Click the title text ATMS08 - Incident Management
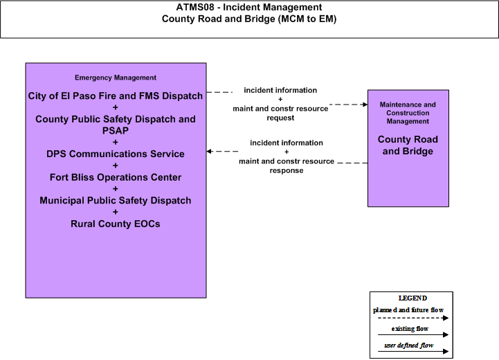pyautogui.click(x=249, y=7)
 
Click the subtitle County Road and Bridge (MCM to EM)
pyautogui.click(x=249, y=19)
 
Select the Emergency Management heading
pyautogui.click(x=115, y=78)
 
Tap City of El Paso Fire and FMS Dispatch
pyautogui.click(x=115, y=96)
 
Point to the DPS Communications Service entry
pyautogui.click(x=115, y=154)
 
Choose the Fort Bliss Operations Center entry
pyautogui.click(x=115, y=177)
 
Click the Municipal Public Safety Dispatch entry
pyautogui.click(x=115, y=201)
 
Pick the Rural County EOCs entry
pyautogui.click(x=115, y=224)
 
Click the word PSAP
pyautogui.click(x=115, y=131)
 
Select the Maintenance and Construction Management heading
pyautogui.click(x=408, y=113)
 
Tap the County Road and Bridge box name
pyautogui.click(x=408, y=145)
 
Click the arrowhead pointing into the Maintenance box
pyautogui.click(x=365, y=105)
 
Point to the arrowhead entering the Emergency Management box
pyautogui.click(x=209, y=151)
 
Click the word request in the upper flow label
pyautogui.click(x=280, y=118)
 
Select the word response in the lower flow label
pyautogui.click(x=287, y=170)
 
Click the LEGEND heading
pyautogui.click(x=412, y=298)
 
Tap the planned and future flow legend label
pyautogui.click(x=408, y=309)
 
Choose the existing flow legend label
pyautogui.click(x=410, y=328)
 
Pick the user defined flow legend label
pyautogui.click(x=408, y=345)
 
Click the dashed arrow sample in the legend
pyautogui.click(x=413, y=318)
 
